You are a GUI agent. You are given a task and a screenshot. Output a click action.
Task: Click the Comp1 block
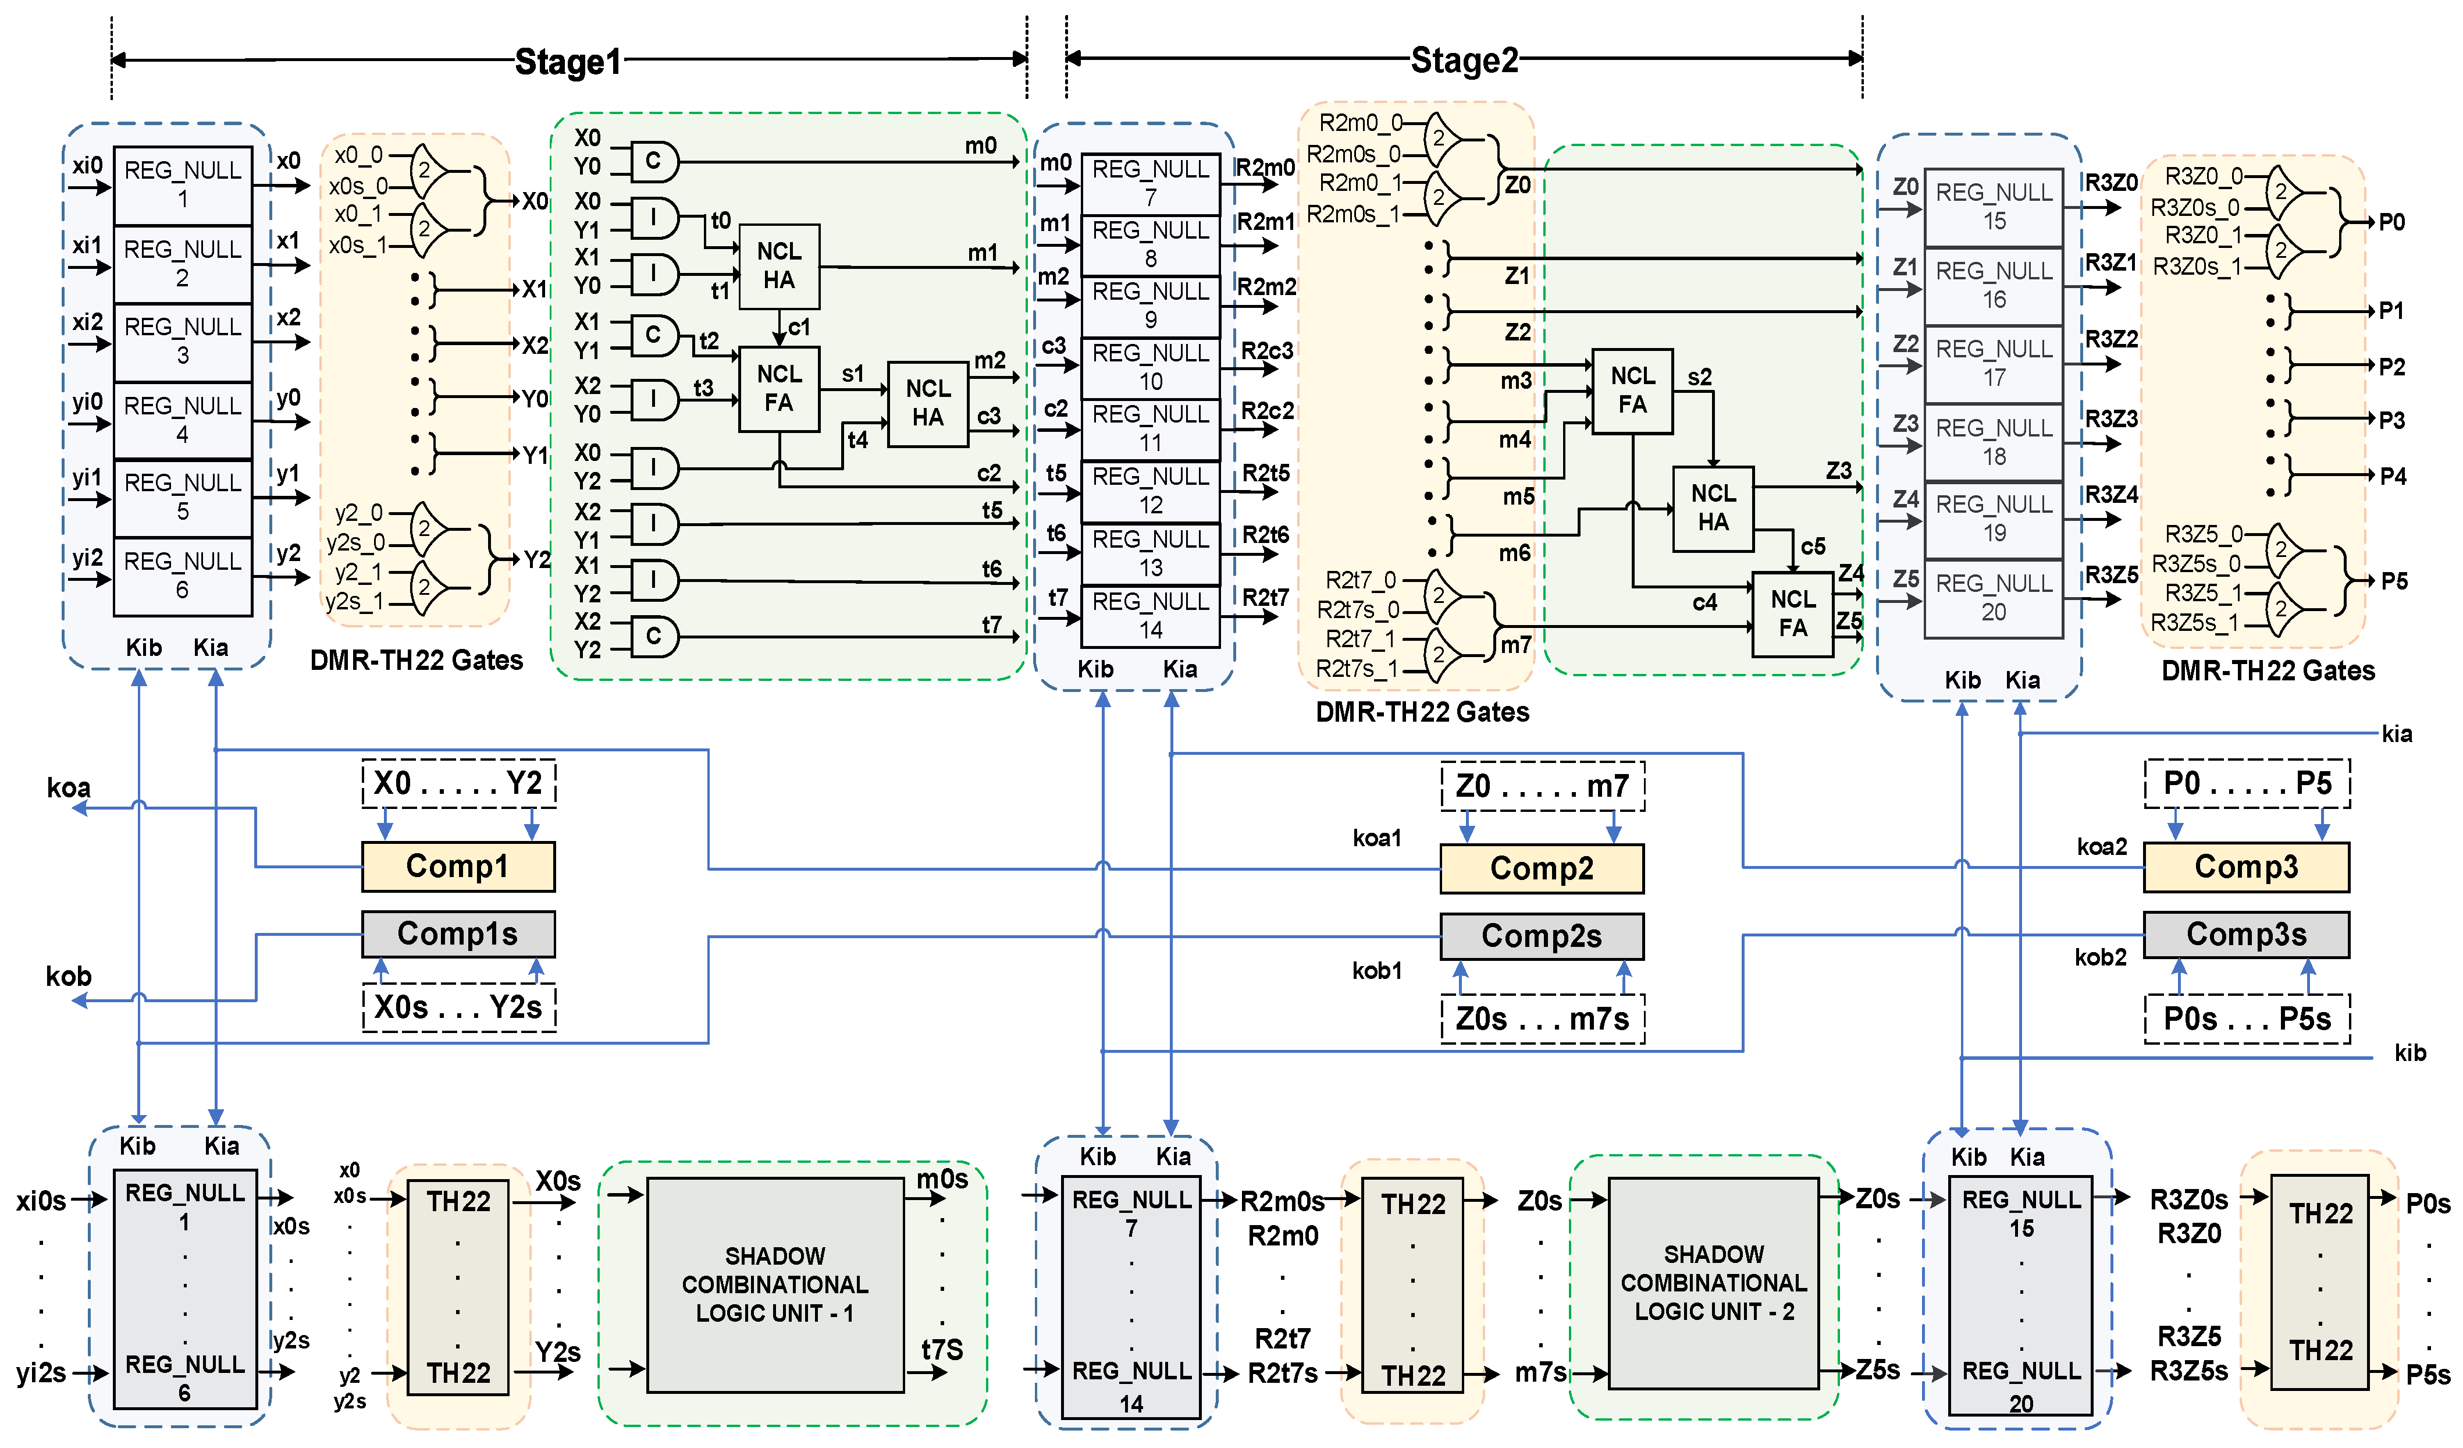pyautogui.click(x=457, y=866)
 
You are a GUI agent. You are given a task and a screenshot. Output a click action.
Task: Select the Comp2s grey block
pyautogui.click(x=1542, y=936)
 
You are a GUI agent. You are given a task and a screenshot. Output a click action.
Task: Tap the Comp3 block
pyautogui.click(x=2246, y=866)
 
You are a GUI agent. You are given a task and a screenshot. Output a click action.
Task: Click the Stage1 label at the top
pyautogui.click(x=568, y=62)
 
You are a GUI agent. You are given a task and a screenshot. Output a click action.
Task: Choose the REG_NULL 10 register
pyautogui.click(x=1151, y=368)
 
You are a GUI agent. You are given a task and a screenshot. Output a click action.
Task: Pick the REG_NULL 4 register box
pyautogui.click(x=183, y=420)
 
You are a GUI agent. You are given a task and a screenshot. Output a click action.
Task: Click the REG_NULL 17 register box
pyautogui.click(x=1994, y=364)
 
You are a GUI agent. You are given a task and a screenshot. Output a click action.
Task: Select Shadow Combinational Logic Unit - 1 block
pyautogui.click(x=774, y=1284)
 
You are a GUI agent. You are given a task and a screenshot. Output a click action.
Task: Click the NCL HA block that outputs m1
pyautogui.click(x=779, y=266)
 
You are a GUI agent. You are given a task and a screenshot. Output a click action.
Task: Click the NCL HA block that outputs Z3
pyautogui.click(x=1713, y=507)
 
